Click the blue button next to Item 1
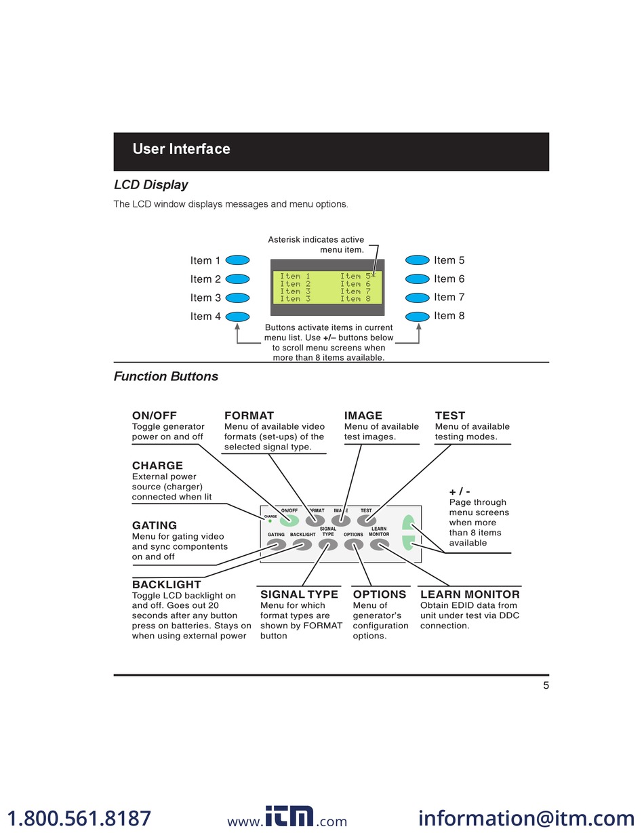pyautogui.click(x=237, y=260)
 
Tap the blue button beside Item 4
pyautogui.click(x=237, y=316)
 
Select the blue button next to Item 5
pyautogui.click(x=418, y=260)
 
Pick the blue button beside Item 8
pyautogui.click(x=418, y=316)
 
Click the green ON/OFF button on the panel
pyautogui.click(x=289, y=521)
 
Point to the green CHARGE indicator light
pyautogui.click(x=270, y=521)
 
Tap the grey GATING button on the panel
pyautogui.click(x=277, y=544)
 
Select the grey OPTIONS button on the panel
pyautogui.click(x=353, y=544)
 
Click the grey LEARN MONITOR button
pyautogui.click(x=379, y=544)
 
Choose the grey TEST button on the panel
pyautogui.click(x=366, y=521)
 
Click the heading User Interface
pyautogui.click(x=181, y=149)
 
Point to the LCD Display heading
pyautogui.click(x=150, y=185)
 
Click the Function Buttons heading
pyautogui.click(x=166, y=377)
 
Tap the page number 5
pyautogui.click(x=546, y=685)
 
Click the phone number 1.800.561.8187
pyautogui.click(x=79, y=818)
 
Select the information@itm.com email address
pyautogui.click(x=526, y=818)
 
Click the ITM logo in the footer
pyautogui.click(x=289, y=817)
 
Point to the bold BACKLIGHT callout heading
pyautogui.click(x=167, y=584)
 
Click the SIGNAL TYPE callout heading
pyautogui.click(x=299, y=594)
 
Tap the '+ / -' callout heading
pyautogui.click(x=460, y=491)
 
